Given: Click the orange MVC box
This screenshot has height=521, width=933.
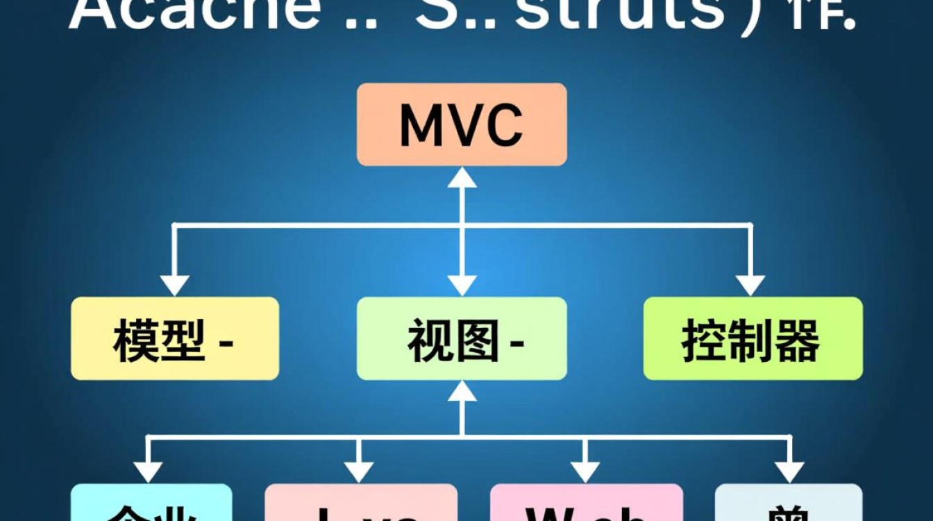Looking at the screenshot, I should pos(462,124).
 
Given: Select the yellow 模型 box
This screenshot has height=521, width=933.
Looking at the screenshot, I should pos(175,338).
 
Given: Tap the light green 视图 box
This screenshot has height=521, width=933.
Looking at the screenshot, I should pos(462,338).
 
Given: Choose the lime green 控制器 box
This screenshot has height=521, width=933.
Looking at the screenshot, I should pos(753,338).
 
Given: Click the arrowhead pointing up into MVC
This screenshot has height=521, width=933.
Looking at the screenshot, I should pos(462,178).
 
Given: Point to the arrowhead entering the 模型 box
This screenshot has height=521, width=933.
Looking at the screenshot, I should pos(174,285).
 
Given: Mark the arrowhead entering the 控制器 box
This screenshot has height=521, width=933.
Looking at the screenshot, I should pos(750,285).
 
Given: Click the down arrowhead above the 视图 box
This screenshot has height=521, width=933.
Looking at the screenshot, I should pos(462,285).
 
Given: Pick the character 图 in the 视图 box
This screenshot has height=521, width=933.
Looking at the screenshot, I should pos(477,340).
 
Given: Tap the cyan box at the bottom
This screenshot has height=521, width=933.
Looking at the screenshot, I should pos(151,504).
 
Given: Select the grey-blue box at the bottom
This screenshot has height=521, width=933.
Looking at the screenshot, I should pos(789,504).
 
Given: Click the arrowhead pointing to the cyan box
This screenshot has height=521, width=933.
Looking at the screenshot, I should pos(148,472).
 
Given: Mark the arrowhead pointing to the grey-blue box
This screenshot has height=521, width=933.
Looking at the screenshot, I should pos(789,472).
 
